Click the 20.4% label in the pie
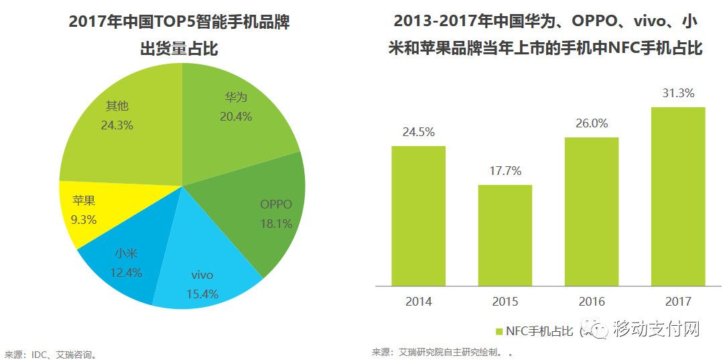pos(236,117)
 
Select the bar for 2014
pos(419,215)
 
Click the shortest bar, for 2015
pos(505,235)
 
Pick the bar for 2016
pos(592,211)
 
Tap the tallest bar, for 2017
pos(678,194)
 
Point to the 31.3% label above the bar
pos(678,93)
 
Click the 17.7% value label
pos(505,171)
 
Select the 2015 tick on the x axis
pos(505,302)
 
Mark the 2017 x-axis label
pos(678,302)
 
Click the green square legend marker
pos(499,331)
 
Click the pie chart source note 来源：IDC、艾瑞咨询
pos(50,354)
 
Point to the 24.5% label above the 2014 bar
pos(419,132)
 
